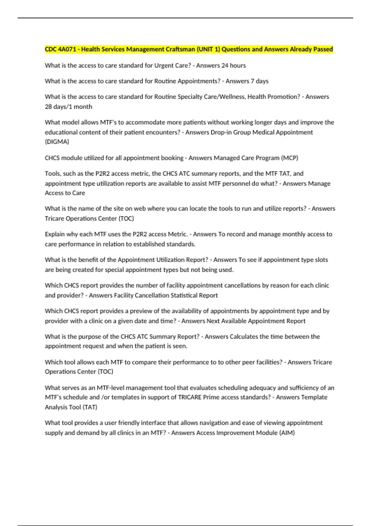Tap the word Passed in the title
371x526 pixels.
point(323,49)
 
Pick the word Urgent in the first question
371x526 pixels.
point(164,66)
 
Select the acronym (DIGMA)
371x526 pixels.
point(57,142)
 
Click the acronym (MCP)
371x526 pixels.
point(289,158)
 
